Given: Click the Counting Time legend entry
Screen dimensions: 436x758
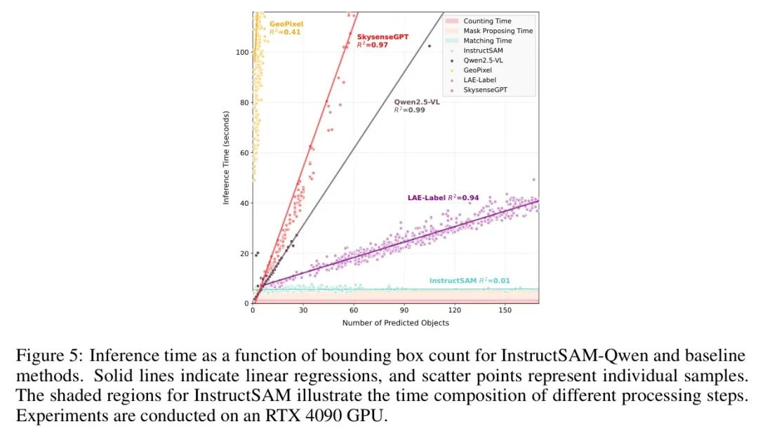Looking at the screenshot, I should click(x=488, y=21).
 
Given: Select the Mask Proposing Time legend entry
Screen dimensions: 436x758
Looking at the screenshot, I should click(x=498, y=31).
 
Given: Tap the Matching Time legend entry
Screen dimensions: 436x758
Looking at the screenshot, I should click(x=488, y=41).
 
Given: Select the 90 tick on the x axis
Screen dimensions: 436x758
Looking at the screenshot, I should click(x=404, y=310).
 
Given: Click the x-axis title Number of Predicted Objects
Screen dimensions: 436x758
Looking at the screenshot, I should click(x=395, y=323).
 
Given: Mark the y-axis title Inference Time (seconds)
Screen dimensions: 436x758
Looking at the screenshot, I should click(x=226, y=157).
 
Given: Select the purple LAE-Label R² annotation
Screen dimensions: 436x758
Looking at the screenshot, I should click(x=443, y=198).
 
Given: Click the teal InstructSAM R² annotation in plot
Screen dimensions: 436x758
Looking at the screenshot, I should click(x=470, y=281).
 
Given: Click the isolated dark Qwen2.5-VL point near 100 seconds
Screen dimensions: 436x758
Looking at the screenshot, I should click(x=429, y=46).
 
